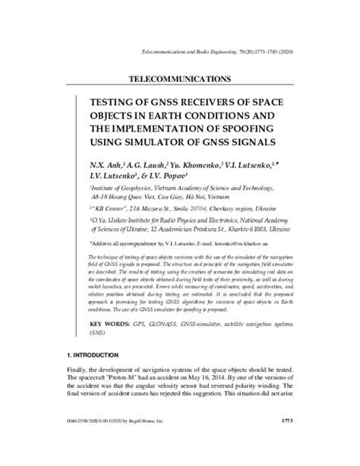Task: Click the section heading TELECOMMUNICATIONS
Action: [180, 78]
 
